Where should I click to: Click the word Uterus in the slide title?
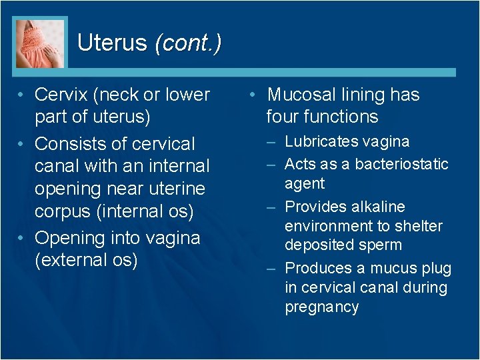(x=111, y=43)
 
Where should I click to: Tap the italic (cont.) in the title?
(x=187, y=43)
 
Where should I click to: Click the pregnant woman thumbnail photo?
(x=40, y=42)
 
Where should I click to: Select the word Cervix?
(x=60, y=95)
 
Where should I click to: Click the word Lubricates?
(x=323, y=141)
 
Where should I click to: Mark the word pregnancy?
(x=322, y=307)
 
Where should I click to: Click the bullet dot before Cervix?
(x=23, y=95)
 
